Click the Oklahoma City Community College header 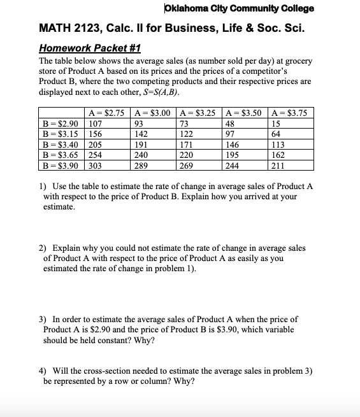[x=239, y=9]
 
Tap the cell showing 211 [x=278, y=165]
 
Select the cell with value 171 [x=188, y=145]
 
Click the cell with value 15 [x=276, y=124]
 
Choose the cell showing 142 [x=142, y=134]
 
